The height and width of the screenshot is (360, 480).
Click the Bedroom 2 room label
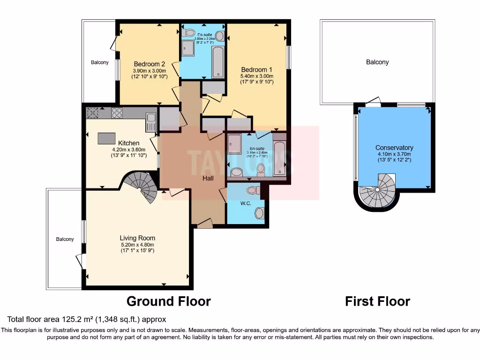[x=149, y=64]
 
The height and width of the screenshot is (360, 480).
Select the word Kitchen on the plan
[x=128, y=143]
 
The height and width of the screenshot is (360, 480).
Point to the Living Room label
[x=137, y=238]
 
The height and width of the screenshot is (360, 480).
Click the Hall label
[x=208, y=178]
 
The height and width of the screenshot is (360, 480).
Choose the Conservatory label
[x=394, y=148]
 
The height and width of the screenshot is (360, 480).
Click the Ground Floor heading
[x=168, y=301]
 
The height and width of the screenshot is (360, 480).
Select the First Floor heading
[x=377, y=301]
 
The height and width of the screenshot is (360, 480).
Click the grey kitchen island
[x=106, y=138]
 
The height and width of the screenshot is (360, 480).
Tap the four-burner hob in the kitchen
[x=117, y=113]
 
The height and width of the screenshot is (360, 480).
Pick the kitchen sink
[x=151, y=123]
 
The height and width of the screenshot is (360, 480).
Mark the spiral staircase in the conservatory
[x=379, y=191]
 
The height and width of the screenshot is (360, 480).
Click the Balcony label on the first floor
[x=377, y=62]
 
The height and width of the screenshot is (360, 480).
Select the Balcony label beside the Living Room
[x=65, y=239]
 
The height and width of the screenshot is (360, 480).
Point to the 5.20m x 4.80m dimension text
[x=137, y=244]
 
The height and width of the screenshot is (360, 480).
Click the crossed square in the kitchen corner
[x=92, y=113]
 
